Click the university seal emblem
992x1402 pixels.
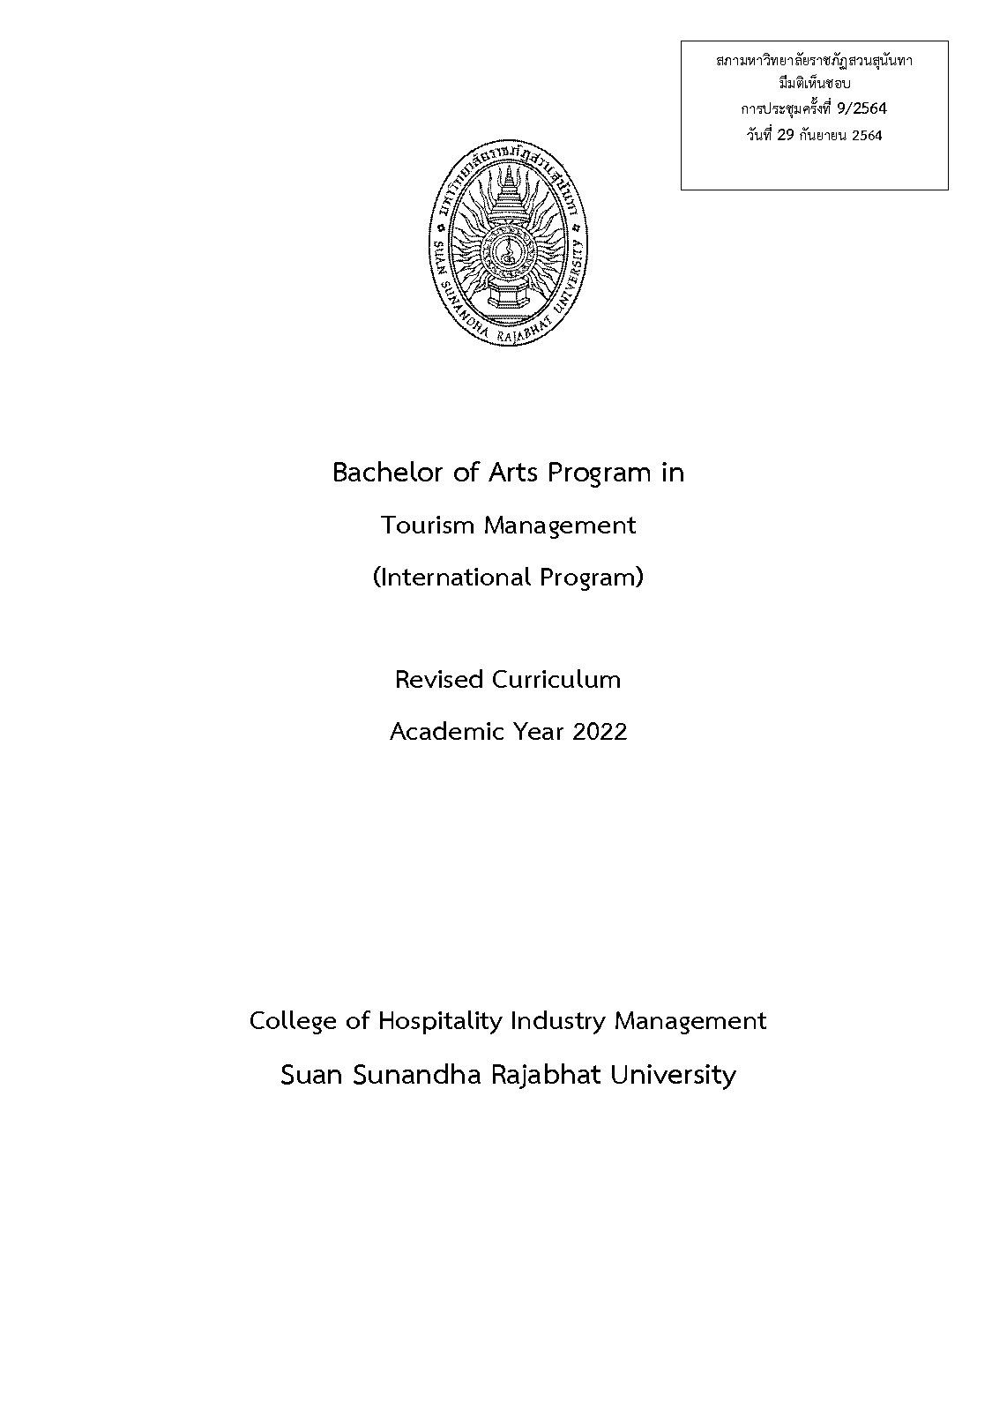(508, 245)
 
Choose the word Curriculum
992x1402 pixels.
(556, 680)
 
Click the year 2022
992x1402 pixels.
(600, 732)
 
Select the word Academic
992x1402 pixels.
(444, 732)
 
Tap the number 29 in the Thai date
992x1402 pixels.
(787, 136)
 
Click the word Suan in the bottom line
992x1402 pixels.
(310, 1076)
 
